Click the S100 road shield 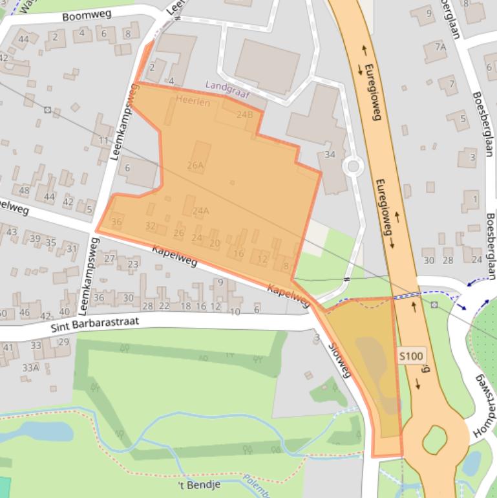(x=411, y=356)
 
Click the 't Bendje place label (x=200, y=484)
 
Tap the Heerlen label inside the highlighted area (x=193, y=102)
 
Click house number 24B (x=244, y=114)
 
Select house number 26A (x=195, y=166)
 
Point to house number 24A (x=200, y=211)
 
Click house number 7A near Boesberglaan (x=440, y=47)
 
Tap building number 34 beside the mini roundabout (x=330, y=155)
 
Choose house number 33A (x=30, y=367)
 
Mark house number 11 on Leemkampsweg (x=103, y=141)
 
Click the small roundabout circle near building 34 (x=353, y=166)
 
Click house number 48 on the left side (x=25, y=190)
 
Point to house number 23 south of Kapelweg (x=133, y=264)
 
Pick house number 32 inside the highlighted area (x=151, y=226)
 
